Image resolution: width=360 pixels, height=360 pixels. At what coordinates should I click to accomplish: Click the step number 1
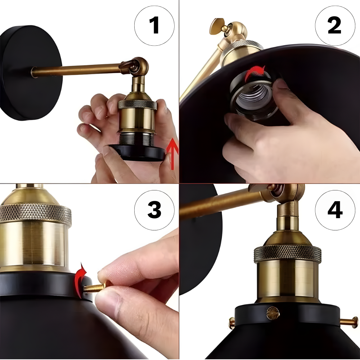(x=154, y=25)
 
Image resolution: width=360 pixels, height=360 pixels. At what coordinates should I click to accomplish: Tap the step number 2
(x=334, y=25)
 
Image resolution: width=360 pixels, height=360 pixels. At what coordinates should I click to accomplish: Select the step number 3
(x=154, y=210)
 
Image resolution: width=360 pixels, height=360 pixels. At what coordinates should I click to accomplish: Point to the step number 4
(x=335, y=210)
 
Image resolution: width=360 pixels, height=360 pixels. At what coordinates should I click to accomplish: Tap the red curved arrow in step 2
(x=255, y=72)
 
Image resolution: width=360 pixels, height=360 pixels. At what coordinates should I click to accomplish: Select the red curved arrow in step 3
(x=80, y=280)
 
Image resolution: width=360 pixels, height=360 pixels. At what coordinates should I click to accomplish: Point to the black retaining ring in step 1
(x=137, y=152)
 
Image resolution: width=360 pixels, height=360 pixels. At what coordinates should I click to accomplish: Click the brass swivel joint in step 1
(x=135, y=67)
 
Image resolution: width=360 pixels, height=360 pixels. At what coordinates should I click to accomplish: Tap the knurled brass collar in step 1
(x=138, y=104)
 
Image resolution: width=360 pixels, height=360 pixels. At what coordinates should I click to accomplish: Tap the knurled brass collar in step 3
(x=36, y=214)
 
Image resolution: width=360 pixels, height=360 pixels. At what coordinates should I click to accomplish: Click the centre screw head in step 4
(x=273, y=314)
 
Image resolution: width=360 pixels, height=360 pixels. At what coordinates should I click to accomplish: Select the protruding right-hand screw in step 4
(x=349, y=322)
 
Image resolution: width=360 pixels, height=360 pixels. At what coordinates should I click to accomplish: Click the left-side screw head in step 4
(x=231, y=322)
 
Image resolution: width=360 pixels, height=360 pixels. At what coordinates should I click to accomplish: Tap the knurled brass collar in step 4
(x=288, y=253)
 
